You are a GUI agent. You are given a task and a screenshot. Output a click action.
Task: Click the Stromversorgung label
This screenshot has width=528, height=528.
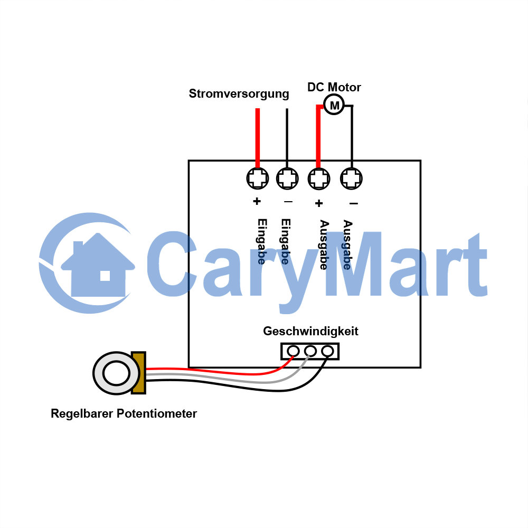click(x=239, y=94)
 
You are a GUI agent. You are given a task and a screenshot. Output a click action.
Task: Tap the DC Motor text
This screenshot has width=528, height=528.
click(x=334, y=87)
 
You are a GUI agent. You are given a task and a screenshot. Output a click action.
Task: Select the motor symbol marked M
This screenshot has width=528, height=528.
click(x=334, y=105)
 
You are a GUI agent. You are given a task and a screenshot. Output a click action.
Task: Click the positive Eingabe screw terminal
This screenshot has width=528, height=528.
click(x=258, y=178)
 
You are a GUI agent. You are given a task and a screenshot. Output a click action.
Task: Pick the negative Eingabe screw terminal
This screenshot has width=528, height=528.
click(x=287, y=178)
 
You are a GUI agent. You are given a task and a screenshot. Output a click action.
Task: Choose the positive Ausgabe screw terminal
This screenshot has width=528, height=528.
click(x=319, y=178)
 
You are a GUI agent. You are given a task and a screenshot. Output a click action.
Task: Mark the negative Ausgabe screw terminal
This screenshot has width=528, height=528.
click(x=351, y=178)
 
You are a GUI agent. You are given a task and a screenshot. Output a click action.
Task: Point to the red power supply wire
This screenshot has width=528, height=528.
click(x=258, y=138)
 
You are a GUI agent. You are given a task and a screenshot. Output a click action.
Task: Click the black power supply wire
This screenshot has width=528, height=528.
click(x=287, y=138)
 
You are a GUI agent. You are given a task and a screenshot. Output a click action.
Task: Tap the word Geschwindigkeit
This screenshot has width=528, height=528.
click(x=310, y=332)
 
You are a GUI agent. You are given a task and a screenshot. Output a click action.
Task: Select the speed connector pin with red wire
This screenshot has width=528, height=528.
click(x=293, y=351)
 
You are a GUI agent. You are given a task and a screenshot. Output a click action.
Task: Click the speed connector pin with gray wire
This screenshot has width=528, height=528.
click(x=310, y=351)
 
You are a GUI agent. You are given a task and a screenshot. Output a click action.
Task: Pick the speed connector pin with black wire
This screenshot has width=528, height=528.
click(x=327, y=351)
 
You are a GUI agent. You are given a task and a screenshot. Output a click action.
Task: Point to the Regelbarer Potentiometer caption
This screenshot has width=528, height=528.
click(x=124, y=413)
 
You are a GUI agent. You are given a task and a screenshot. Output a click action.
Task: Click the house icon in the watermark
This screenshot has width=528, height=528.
click(x=98, y=266)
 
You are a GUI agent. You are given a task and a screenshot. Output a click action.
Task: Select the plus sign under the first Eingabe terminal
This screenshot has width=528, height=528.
click(x=257, y=201)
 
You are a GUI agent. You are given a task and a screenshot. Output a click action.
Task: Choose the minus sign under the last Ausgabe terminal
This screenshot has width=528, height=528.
click(x=354, y=203)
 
